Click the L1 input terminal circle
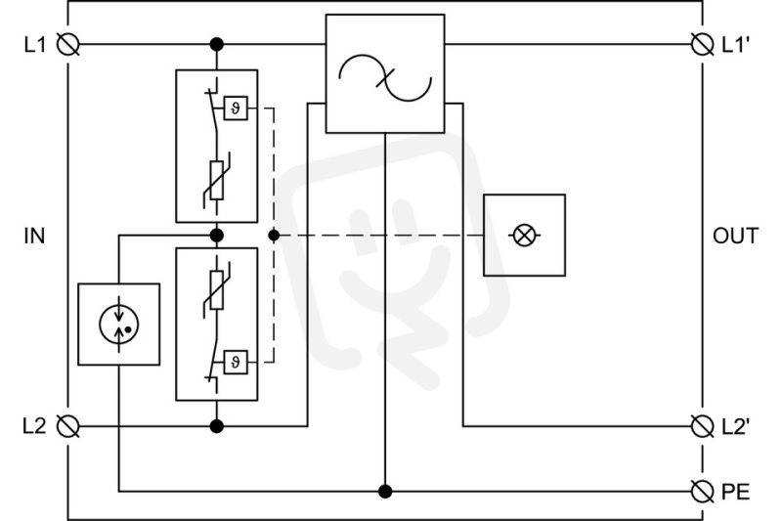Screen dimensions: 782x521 click(67, 44)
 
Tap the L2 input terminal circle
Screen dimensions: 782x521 click(67, 426)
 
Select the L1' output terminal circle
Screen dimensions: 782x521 click(702, 44)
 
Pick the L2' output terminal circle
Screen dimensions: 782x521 click(702, 426)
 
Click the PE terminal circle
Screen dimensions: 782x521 click(702, 492)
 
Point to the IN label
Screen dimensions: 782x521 click(34, 236)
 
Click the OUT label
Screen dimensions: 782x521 click(736, 236)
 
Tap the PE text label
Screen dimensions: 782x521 click(736, 492)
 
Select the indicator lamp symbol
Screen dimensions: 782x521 click(524, 236)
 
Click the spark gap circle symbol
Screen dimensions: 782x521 click(118, 326)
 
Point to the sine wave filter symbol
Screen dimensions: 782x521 click(385, 78)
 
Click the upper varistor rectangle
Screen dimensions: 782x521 click(216, 181)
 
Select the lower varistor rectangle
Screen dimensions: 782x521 click(216, 290)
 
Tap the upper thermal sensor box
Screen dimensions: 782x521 click(236, 108)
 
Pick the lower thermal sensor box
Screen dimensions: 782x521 click(236, 362)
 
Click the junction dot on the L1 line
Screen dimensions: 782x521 click(216, 44)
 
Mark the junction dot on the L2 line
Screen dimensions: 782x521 click(216, 426)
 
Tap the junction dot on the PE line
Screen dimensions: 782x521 click(385, 492)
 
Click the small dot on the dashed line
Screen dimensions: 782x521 click(274, 236)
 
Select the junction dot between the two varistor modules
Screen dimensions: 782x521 click(216, 236)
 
